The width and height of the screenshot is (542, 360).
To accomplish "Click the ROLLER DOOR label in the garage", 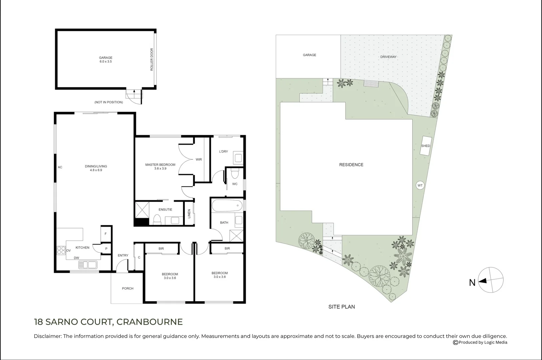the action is [152, 59].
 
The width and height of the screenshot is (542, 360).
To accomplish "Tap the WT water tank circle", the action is [420, 185].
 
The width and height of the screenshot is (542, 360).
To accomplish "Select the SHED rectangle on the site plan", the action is [426, 146].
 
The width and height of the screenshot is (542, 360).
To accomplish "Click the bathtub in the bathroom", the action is [227, 206].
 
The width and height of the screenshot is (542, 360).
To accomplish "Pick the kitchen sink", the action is [88, 265].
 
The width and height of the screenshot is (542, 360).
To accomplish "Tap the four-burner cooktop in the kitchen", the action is [61, 250].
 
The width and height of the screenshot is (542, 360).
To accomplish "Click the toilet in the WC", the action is [235, 173].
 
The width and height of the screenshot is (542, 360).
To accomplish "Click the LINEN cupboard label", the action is [189, 214].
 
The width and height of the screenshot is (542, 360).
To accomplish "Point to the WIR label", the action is [199, 159].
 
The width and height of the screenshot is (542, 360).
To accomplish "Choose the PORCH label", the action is [128, 288].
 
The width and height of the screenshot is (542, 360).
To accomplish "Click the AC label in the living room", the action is [60, 167].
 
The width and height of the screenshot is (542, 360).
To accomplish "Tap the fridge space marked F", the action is [105, 234].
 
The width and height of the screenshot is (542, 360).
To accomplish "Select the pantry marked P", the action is [106, 249].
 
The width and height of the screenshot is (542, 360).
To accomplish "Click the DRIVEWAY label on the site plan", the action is [388, 57].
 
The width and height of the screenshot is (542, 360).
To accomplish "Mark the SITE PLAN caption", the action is [342, 307].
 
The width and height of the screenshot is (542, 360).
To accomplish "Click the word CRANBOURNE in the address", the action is [149, 322].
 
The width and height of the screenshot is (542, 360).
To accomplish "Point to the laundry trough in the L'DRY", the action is [238, 158].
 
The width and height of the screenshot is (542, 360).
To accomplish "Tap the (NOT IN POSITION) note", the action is [109, 102].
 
